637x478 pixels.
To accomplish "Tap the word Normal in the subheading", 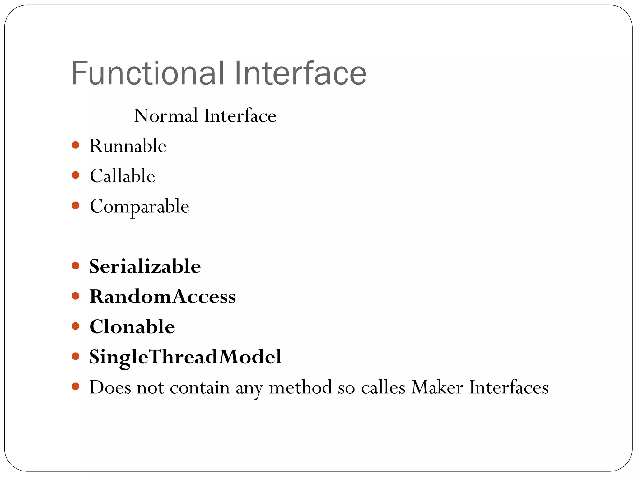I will pyautogui.click(x=166, y=116).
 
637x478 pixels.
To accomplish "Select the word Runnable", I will pyautogui.click(x=128, y=146).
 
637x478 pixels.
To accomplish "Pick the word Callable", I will pyautogui.click(x=122, y=176).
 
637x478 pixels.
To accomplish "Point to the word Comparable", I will pyautogui.click(x=139, y=206).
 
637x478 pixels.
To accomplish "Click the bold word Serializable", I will pyautogui.click(x=145, y=266).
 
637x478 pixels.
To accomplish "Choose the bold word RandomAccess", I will pyautogui.click(x=163, y=296).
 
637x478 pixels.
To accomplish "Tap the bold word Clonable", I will pyautogui.click(x=132, y=326).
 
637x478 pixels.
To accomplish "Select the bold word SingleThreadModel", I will pyautogui.click(x=185, y=357).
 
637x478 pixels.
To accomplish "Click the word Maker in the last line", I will pyautogui.click(x=437, y=387).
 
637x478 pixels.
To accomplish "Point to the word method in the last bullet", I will pyautogui.click(x=300, y=387).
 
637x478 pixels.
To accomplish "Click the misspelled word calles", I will pyautogui.click(x=383, y=387).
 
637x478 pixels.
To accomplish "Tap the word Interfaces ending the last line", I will pyautogui.click(x=509, y=387).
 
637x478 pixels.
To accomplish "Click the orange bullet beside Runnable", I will pyautogui.click(x=75, y=145).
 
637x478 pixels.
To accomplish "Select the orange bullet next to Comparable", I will pyautogui.click(x=75, y=205).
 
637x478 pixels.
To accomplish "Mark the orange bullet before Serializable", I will pyautogui.click(x=75, y=265).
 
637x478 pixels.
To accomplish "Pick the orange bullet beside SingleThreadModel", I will pyautogui.click(x=75, y=356).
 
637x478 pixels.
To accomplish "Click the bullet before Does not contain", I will pyautogui.click(x=75, y=387).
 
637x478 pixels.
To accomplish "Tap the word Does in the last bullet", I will pyautogui.click(x=110, y=387).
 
